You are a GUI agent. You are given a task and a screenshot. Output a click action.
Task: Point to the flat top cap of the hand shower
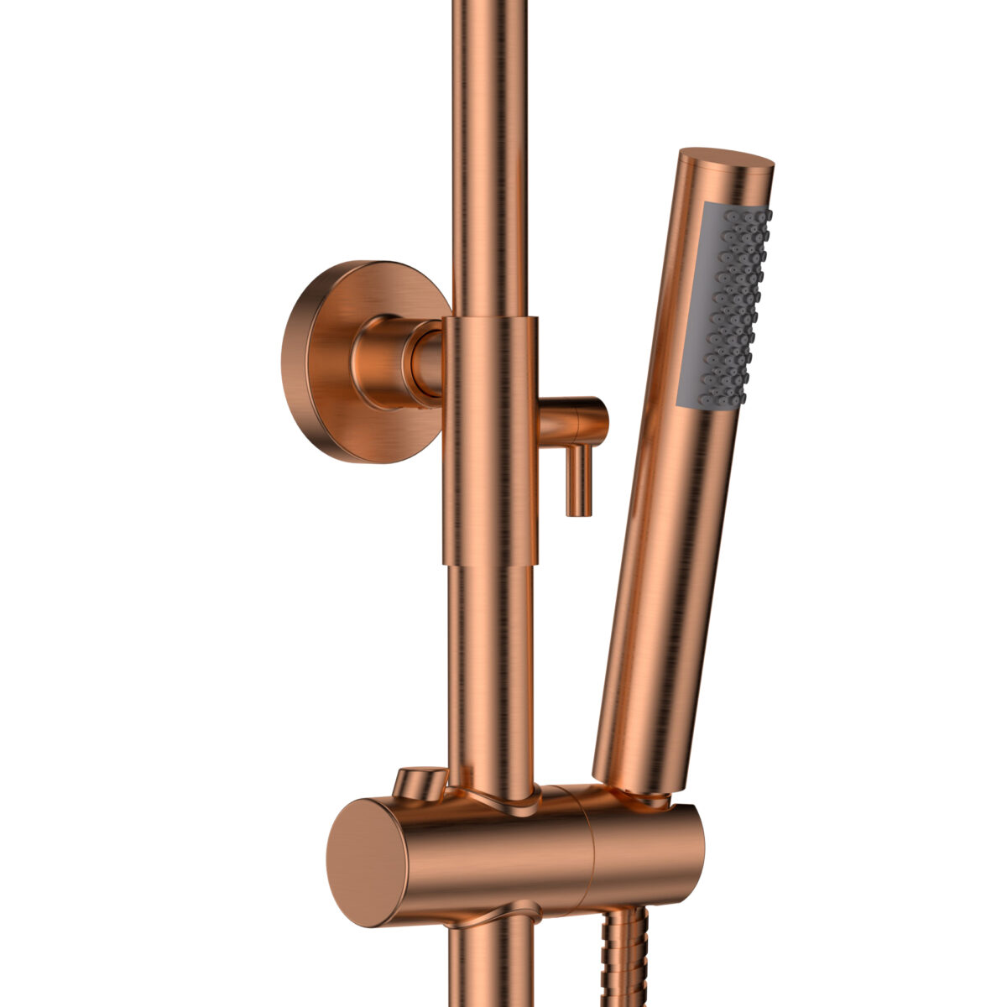[x=727, y=160]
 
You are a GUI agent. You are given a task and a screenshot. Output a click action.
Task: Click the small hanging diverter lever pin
[x=578, y=479]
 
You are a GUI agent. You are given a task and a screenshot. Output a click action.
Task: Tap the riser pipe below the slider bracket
[x=490, y=965]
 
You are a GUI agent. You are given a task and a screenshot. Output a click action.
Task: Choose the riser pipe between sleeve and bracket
[x=490, y=671]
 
